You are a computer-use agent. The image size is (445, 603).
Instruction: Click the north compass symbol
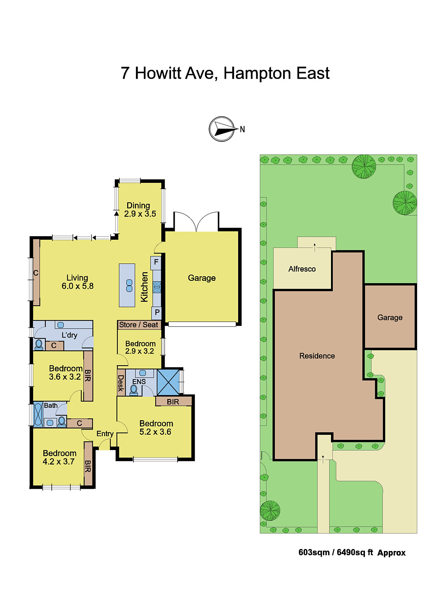click(x=222, y=129)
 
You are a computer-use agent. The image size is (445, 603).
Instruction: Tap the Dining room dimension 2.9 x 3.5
click(x=140, y=214)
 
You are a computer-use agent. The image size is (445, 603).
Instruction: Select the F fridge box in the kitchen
click(x=156, y=262)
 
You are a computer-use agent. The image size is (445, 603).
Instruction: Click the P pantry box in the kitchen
click(x=157, y=313)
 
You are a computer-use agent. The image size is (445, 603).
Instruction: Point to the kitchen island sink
click(x=129, y=286)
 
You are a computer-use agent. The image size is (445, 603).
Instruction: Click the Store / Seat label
click(x=139, y=325)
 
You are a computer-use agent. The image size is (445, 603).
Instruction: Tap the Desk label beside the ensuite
click(x=121, y=383)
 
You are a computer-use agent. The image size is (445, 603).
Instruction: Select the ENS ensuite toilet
click(x=134, y=390)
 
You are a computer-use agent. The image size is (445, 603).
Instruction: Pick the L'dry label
click(x=69, y=335)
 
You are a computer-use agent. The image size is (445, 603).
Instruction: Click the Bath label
click(x=51, y=406)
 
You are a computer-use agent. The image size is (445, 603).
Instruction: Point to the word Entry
click(x=105, y=434)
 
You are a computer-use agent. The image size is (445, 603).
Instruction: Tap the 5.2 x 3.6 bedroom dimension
click(x=155, y=432)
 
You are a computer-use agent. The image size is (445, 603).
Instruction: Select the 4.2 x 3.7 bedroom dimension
click(x=59, y=462)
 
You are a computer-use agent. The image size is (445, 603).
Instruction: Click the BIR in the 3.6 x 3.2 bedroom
click(x=88, y=376)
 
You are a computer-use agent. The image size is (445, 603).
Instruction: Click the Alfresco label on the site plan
click(x=302, y=269)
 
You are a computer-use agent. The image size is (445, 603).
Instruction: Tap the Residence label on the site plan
click(x=317, y=356)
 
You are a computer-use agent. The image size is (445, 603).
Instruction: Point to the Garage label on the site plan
click(x=390, y=318)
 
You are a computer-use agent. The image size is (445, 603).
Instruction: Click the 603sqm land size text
click(x=314, y=552)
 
